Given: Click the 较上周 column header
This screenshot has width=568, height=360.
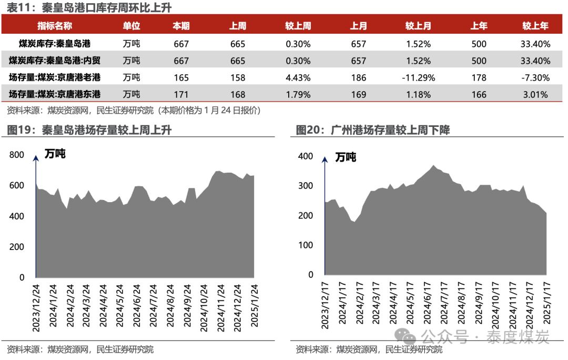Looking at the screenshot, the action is coord(298,26).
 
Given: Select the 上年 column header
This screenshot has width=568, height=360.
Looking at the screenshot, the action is coord(479,26).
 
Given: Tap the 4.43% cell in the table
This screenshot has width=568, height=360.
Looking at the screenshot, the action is coord(298,77).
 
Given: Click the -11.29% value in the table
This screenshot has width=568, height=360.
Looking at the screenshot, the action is coord(418,77).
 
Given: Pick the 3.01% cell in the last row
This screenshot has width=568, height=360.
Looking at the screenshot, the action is coord(535,95).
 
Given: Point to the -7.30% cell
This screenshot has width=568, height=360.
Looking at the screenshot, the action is coord(535,77).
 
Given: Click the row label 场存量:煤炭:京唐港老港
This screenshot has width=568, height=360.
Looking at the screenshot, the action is coord(55,77).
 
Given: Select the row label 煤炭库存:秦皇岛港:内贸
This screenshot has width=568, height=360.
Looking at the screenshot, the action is coord(55,60).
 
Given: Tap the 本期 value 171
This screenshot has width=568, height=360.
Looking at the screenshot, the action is coord(181,95).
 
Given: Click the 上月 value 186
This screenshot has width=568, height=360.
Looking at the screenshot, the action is coord(358,77).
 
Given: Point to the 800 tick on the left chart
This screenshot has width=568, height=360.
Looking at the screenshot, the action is coord(17,155).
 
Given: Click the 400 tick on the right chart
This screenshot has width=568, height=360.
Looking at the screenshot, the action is coord(306,156).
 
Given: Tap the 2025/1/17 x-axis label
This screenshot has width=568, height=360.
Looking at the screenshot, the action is coord(546,303).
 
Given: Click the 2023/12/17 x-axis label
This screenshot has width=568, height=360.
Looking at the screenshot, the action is coord(325,306).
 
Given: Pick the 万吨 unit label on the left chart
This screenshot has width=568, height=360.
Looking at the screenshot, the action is coord(55,154).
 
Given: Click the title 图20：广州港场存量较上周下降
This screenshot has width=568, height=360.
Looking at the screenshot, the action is coord(373,130).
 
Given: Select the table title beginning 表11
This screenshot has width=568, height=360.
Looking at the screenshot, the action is coord(89,7).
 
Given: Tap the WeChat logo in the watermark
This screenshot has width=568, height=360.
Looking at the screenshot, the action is coord(405,336).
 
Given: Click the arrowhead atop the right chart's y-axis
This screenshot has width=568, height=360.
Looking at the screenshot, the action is coord(325,159).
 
